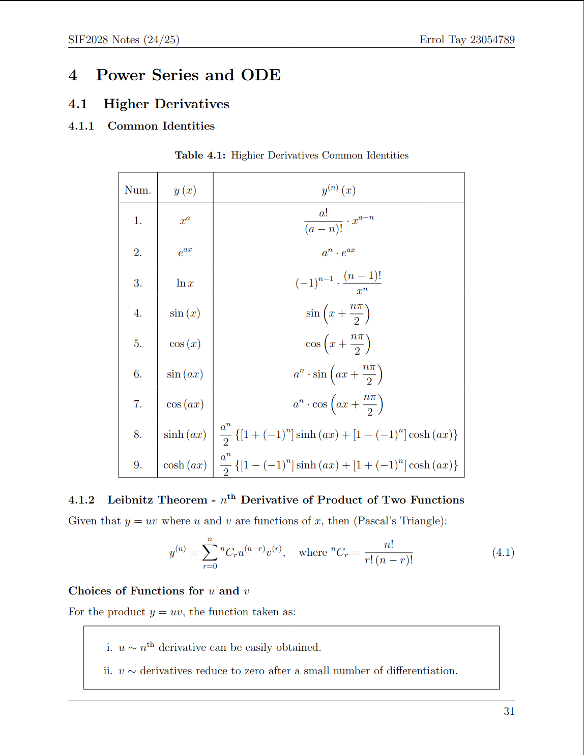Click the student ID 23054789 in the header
492,40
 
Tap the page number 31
509,711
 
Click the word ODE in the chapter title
260,75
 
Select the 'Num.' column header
138,190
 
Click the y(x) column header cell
185,190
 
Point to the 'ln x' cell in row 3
185,283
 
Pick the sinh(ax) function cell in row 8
185,434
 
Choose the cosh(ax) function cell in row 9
185,465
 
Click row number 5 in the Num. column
138,343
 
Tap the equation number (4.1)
503,552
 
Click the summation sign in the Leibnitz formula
210,552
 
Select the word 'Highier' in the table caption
248,155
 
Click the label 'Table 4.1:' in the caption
200,155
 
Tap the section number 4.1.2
81,500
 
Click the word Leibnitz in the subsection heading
130,500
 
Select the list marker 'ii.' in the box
108,671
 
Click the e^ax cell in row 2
185,252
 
